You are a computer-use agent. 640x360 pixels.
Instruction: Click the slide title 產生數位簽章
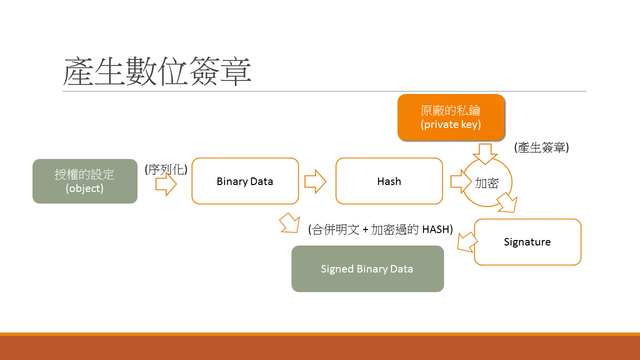tap(157, 71)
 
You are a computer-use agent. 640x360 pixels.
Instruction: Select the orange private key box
tap(451, 117)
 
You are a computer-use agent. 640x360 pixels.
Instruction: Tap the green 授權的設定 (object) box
tap(84, 181)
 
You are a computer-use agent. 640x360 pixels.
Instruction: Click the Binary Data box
tap(245, 181)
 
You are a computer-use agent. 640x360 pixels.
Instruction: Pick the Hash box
tap(389, 181)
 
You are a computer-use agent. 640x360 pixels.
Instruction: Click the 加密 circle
tap(487, 183)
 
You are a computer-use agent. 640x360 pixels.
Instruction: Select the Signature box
tap(527, 242)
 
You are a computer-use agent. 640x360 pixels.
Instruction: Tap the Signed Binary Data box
tap(367, 269)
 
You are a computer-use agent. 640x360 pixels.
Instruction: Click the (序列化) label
tap(166, 169)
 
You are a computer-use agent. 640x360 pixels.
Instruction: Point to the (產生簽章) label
tap(541, 147)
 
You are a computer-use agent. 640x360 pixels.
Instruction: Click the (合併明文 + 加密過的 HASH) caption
tap(380, 229)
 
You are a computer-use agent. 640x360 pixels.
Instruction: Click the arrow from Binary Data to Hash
tap(315, 181)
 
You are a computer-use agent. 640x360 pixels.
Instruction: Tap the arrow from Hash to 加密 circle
tap(458, 181)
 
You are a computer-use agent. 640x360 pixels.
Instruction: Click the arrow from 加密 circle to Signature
tap(507, 202)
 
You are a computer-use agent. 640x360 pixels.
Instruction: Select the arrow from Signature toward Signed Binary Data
tap(467, 242)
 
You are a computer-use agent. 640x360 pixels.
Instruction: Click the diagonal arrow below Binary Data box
tap(289, 222)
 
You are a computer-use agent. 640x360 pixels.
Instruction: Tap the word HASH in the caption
tap(437, 229)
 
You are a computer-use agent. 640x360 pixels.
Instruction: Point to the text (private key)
tap(451, 124)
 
